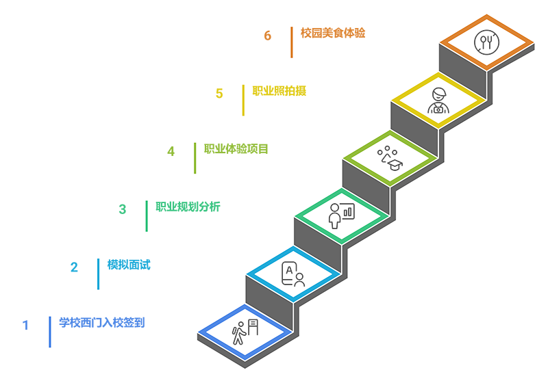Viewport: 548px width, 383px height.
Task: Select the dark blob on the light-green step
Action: [389, 154]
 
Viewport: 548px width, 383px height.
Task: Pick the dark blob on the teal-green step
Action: [340, 213]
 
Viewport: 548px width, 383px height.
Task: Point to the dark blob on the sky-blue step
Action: [292, 272]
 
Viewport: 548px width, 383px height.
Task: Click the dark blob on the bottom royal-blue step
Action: [243, 330]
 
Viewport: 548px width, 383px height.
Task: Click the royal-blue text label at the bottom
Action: [100, 321]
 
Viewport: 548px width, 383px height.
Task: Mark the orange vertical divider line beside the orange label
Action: [292, 36]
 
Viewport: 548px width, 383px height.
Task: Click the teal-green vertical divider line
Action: [148, 209]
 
